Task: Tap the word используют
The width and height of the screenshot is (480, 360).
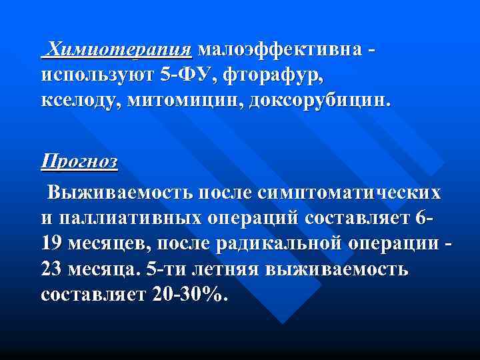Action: pos(97,76)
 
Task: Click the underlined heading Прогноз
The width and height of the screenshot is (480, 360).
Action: pos(79,162)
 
